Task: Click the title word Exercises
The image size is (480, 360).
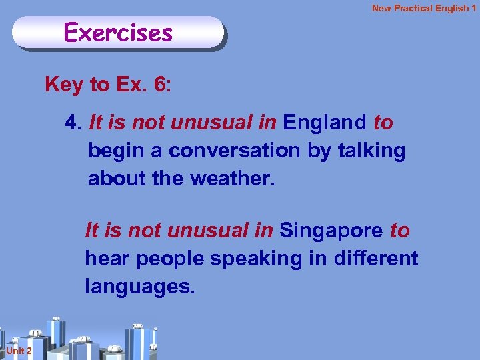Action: tap(118, 32)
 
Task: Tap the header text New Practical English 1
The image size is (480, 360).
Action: tap(424, 8)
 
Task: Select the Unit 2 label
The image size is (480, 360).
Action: tap(15, 351)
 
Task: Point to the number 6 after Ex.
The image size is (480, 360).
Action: tap(160, 85)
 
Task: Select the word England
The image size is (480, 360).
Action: tap(325, 123)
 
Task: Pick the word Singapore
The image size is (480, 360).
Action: tap(331, 231)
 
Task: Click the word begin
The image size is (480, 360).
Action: tap(117, 151)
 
